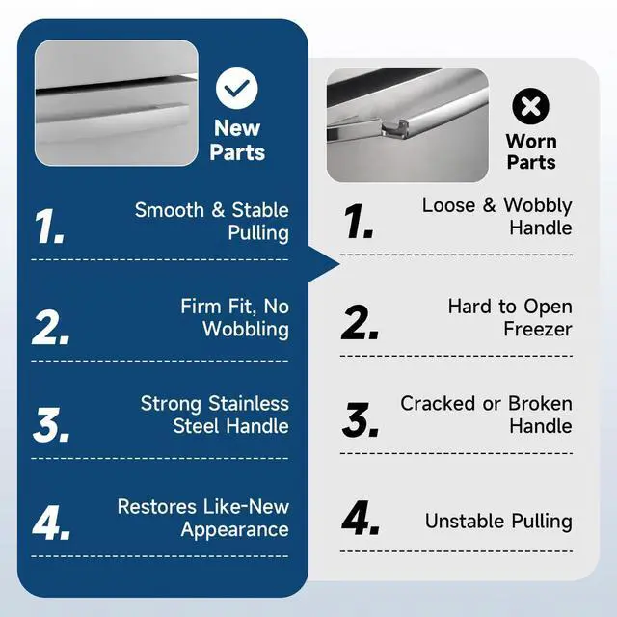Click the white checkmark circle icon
click(237, 88)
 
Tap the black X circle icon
click(531, 106)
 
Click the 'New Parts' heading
click(237, 140)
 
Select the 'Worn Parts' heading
click(531, 151)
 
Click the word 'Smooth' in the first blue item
click(170, 210)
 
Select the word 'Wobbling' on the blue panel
click(246, 329)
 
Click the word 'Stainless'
click(249, 403)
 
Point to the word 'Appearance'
click(235, 529)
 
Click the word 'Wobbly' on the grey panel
click(538, 205)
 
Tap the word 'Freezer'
click(538, 330)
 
